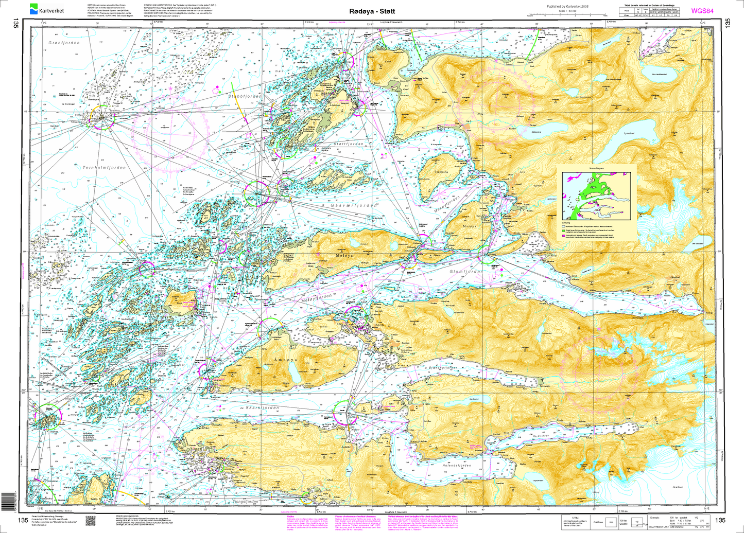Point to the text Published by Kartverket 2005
tap(562, 7)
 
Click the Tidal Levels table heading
tap(651, 5)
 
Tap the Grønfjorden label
tap(64, 43)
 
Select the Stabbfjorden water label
tap(245, 96)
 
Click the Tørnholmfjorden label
tap(103, 168)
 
